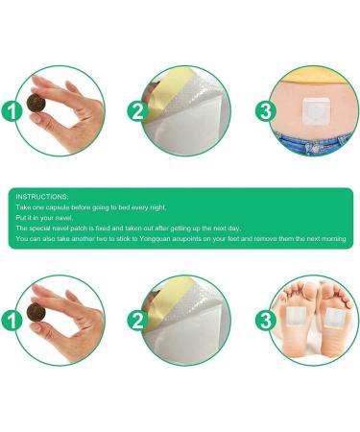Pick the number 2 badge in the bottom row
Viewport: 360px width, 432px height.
[138, 321]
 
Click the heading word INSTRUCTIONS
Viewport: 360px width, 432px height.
[42, 195]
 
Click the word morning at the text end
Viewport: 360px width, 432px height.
[331, 238]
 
